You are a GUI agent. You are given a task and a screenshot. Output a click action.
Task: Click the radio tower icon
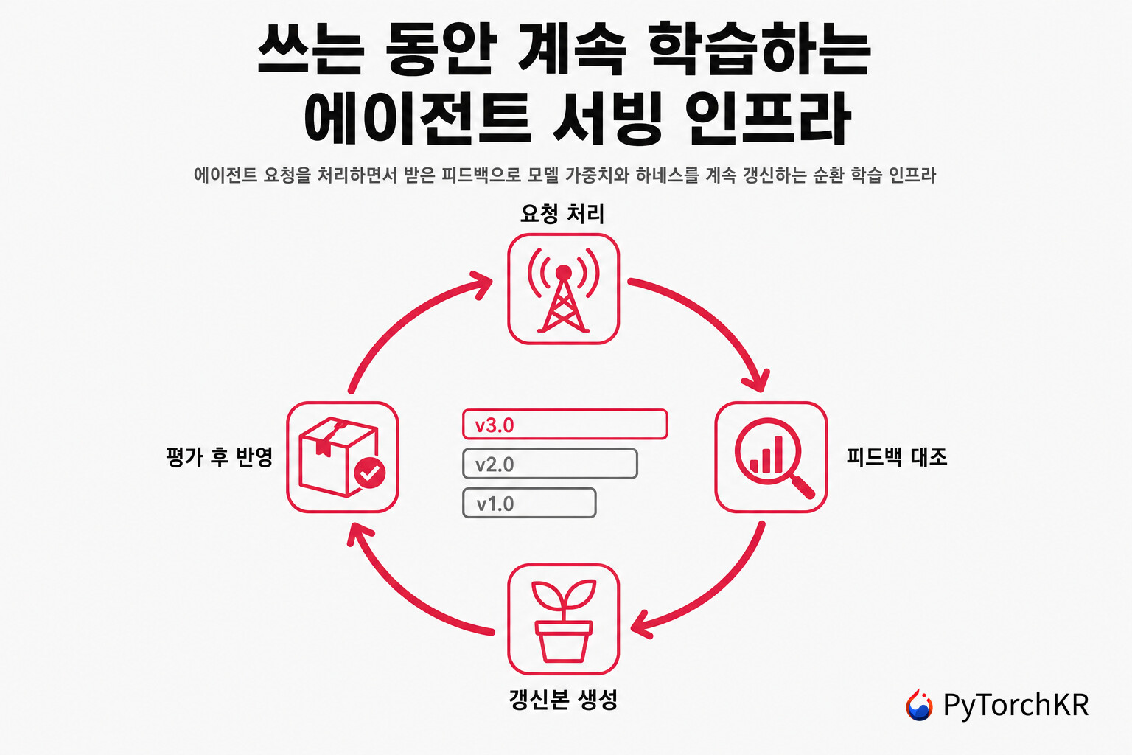[x=564, y=289]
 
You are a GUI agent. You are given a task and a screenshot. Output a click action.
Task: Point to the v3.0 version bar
[x=565, y=424]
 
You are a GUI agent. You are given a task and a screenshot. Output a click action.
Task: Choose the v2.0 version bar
[x=550, y=464]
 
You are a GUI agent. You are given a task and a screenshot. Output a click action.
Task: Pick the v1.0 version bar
[x=529, y=503]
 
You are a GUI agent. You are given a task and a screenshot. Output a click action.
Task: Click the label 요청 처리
[x=562, y=214]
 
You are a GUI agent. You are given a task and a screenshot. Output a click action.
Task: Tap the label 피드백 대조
[x=896, y=457]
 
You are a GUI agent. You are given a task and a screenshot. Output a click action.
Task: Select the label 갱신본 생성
[x=563, y=700]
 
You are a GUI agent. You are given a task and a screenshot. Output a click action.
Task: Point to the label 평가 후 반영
[x=220, y=457]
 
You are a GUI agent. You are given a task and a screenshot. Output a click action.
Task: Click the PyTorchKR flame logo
[x=919, y=704]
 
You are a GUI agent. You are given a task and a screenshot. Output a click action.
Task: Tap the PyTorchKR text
[x=1016, y=705]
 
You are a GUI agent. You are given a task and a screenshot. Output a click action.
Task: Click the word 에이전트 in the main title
[x=417, y=118]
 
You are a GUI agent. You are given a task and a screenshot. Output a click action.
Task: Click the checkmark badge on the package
[x=370, y=473]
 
